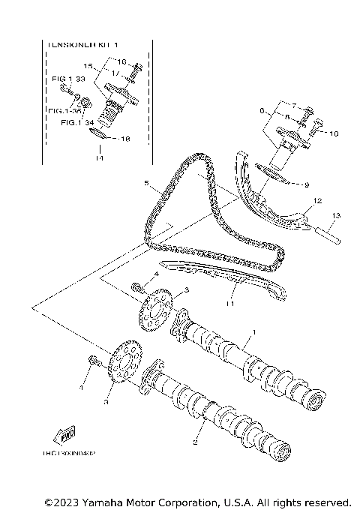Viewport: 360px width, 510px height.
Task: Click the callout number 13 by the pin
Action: [336, 215]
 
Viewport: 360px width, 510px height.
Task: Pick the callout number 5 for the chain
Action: [148, 182]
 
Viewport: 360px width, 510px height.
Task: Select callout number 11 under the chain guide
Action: [232, 304]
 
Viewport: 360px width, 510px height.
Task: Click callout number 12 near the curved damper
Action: [317, 201]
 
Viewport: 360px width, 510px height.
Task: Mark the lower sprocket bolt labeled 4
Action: [94, 361]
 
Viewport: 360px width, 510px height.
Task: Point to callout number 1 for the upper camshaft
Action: [253, 331]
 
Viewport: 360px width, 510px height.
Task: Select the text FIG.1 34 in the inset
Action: [79, 121]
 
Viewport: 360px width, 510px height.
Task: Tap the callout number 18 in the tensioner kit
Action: [124, 139]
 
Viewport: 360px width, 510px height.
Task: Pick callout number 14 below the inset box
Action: [98, 158]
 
